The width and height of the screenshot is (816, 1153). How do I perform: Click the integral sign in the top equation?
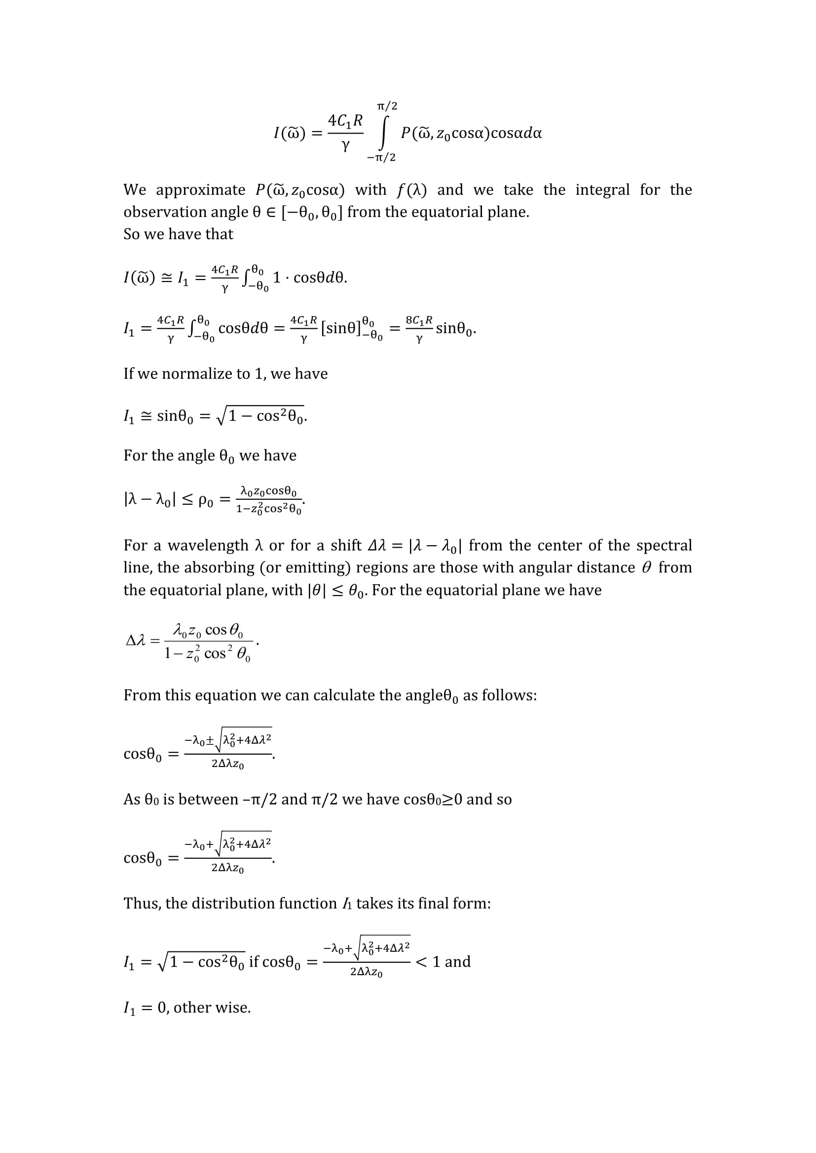click(383, 133)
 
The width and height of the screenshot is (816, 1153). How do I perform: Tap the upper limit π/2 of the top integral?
click(387, 106)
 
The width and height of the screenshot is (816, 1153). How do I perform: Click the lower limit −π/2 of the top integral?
click(381, 158)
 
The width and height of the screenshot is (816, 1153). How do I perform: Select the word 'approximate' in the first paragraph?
click(200, 190)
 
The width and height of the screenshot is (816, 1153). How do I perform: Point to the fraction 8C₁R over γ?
click(419, 329)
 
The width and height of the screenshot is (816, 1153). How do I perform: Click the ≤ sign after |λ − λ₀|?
click(187, 500)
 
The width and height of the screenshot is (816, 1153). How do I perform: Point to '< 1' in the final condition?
click(428, 962)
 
